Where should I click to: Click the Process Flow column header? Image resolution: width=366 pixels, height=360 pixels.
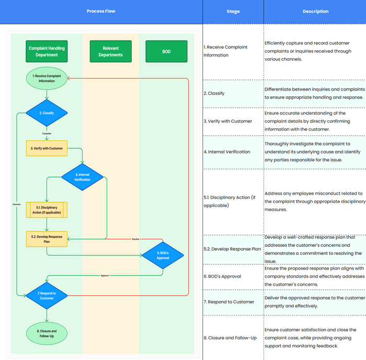[101, 11]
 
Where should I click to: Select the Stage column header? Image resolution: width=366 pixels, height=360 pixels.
[233, 11]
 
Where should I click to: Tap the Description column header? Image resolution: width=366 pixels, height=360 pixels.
[315, 11]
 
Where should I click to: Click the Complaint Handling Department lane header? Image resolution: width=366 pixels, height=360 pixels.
[47, 51]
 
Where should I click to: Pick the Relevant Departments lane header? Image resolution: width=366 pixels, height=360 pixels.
[110, 51]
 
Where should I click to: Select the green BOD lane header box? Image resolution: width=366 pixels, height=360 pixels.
[166, 51]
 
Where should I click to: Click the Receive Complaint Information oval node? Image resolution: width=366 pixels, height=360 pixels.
[47, 78]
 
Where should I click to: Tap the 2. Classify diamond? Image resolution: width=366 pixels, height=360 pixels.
[47, 113]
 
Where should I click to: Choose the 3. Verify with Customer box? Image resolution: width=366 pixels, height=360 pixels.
[47, 148]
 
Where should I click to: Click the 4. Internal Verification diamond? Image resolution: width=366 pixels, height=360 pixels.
[82, 177]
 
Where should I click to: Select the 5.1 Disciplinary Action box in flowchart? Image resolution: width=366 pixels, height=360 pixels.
[47, 210]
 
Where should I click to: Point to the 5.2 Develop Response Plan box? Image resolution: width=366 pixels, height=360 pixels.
[47, 239]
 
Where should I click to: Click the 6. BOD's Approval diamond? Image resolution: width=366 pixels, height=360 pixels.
[163, 255]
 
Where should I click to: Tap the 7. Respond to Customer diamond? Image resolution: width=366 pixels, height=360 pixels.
[47, 296]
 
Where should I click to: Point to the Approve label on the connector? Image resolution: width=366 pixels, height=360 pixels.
[105, 275]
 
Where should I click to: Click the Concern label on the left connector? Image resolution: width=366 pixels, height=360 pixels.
[16, 204]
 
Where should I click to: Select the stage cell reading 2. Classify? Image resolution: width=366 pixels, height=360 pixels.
[214, 93]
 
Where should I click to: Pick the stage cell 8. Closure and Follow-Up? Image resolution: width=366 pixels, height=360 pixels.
[230, 338]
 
